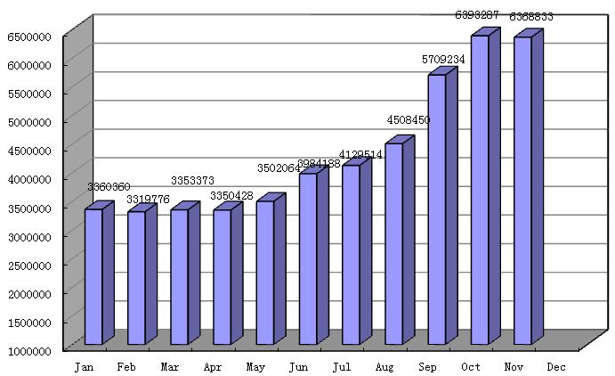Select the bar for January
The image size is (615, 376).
point(93,276)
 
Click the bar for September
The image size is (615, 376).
point(437,209)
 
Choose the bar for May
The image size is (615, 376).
point(265,273)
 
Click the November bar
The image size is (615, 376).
point(523,191)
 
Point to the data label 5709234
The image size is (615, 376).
point(443,60)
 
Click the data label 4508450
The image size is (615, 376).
point(408,120)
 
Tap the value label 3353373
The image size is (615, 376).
point(193,181)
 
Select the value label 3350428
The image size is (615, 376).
point(231,195)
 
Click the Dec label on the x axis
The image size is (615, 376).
point(556,367)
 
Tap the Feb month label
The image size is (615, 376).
point(127,367)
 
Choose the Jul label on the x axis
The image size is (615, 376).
point(342,367)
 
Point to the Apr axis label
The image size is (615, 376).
point(213,367)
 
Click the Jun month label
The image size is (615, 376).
point(299,367)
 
